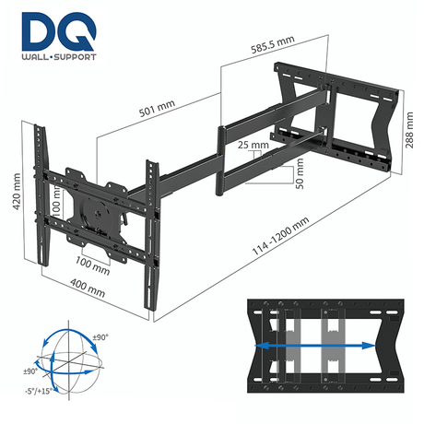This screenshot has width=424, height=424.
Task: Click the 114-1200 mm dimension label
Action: (294, 241)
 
